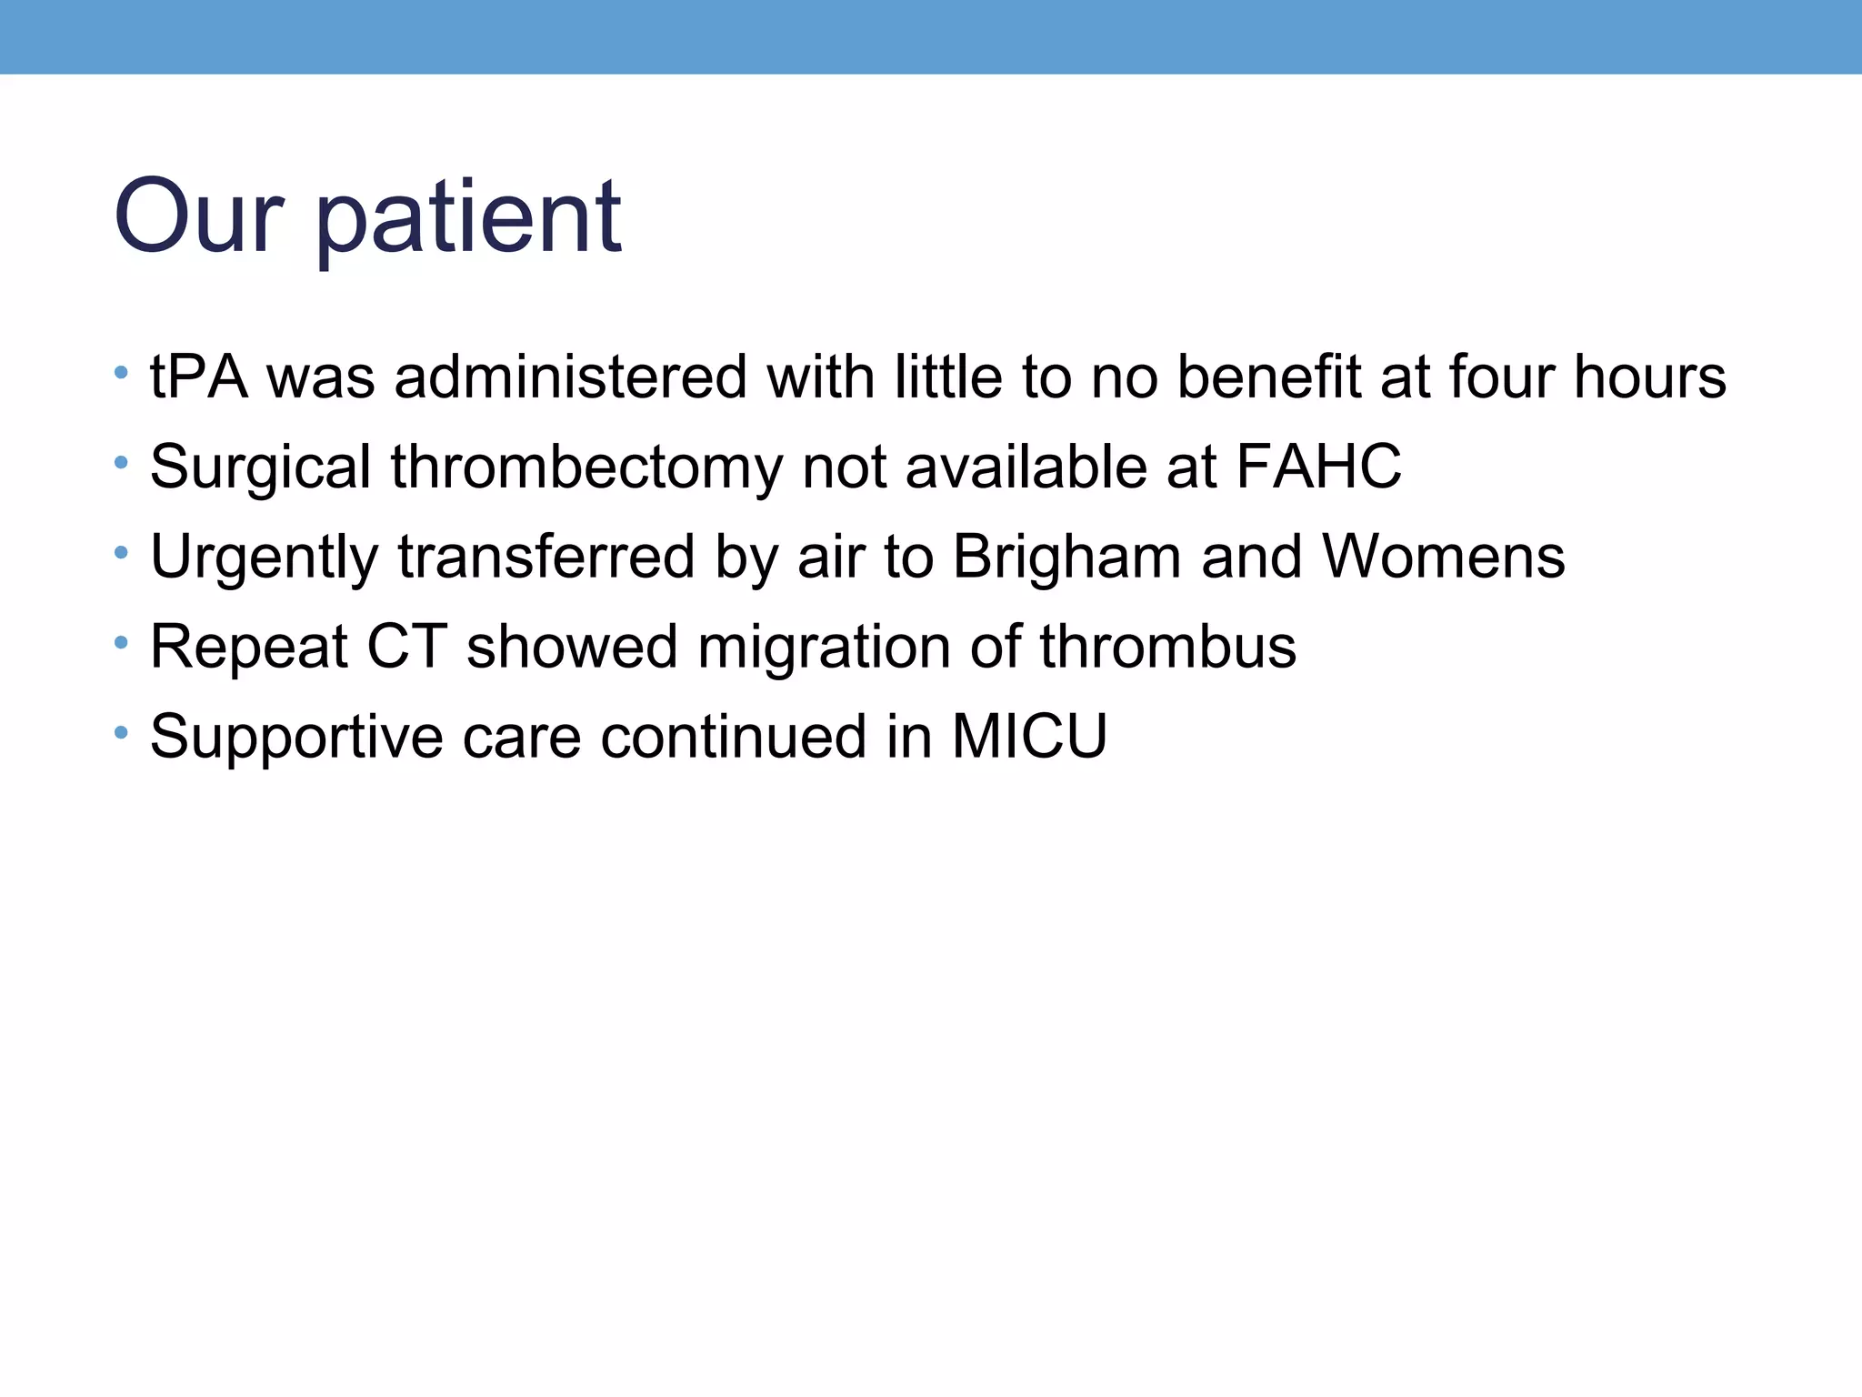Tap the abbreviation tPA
click(x=199, y=377)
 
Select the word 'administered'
click(x=570, y=377)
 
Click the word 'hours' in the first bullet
click(x=1649, y=377)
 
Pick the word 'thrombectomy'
click(x=586, y=467)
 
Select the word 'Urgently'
click(x=264, y=557)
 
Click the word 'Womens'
click(x=1443, y=557)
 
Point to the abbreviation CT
click(x=406, y=647)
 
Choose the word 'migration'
click(x=824, y=647)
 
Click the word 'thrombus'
click(x=1167, y=647)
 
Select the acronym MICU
click(x=1029, y=736)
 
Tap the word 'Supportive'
click(x=296, y=737)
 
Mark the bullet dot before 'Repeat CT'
click(x=121, y=643)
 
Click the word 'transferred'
click(x=546, y=557)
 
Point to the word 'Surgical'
click(x=260, y=467)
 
